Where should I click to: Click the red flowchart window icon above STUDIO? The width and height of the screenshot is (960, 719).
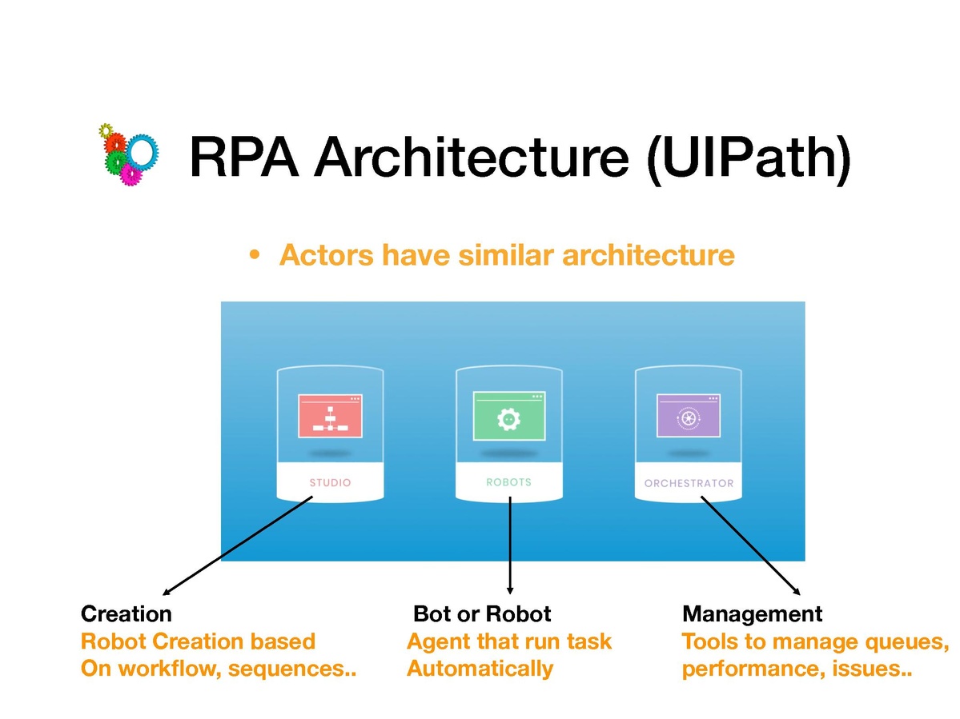329,416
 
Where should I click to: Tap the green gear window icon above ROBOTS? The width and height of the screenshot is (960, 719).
508,416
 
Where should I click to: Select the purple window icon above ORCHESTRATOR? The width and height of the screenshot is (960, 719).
688,416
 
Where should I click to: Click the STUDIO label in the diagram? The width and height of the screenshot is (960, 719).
330,483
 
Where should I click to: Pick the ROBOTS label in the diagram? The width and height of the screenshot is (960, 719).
508,482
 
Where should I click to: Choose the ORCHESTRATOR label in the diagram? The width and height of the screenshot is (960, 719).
689,483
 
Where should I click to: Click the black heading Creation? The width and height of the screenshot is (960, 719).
127,614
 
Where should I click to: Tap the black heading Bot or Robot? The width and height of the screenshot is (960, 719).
482,614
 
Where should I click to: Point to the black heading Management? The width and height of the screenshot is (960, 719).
752,614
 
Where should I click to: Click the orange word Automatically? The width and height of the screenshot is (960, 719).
480,668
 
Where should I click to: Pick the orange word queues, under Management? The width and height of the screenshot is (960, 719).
909,641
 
